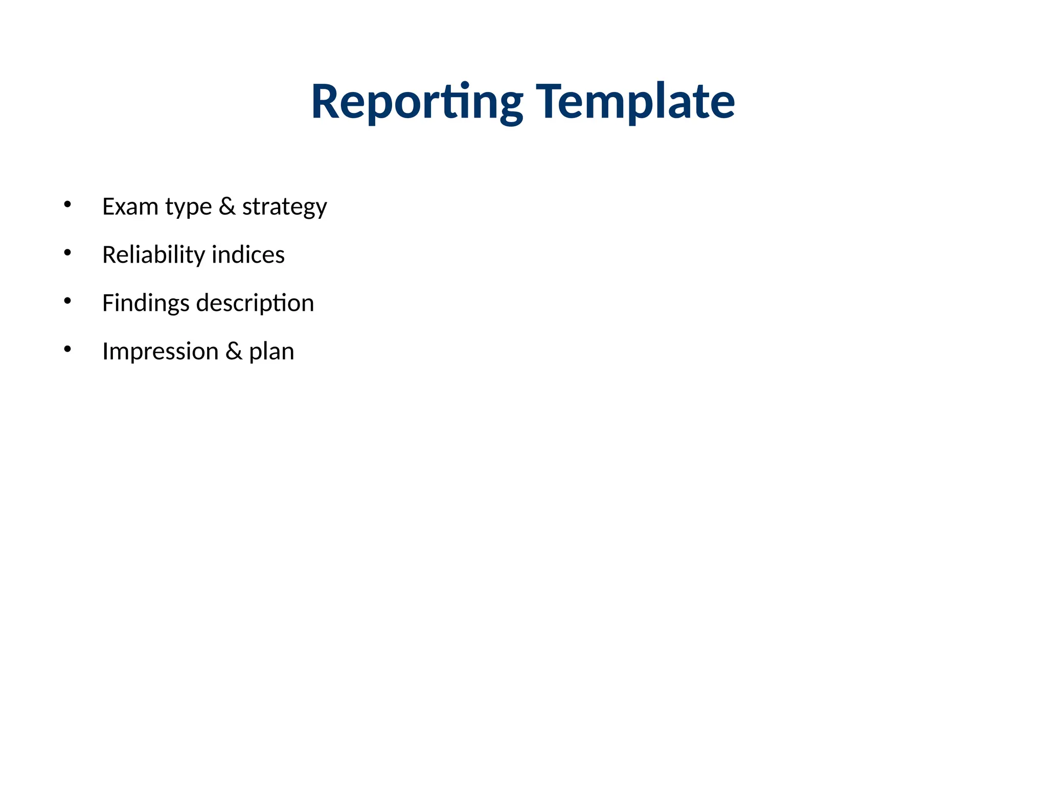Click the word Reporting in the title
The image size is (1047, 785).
click(417, 102)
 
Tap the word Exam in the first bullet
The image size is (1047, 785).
click(130, 206)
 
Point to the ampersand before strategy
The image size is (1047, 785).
click(227, 206)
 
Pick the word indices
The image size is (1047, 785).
click(248, 255)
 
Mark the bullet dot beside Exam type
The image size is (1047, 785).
click(67, 204)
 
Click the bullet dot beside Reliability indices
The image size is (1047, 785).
click(67, 252)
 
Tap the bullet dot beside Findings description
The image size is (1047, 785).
click(67, 301)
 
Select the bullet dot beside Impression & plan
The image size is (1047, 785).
click(67, 349)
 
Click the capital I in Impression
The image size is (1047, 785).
click(105, 351)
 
